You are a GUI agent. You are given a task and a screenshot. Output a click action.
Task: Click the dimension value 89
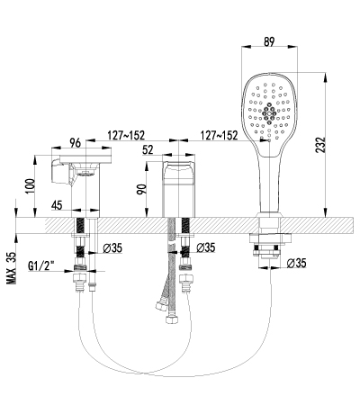tap(269, 41)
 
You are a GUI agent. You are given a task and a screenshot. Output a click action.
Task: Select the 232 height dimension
tap(320, 145)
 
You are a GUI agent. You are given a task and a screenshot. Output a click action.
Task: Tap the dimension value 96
tap(75, 143)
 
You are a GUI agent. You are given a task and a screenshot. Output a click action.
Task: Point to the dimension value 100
tap(31, 186)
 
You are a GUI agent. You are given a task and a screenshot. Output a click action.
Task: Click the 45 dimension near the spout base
tap(57, 205)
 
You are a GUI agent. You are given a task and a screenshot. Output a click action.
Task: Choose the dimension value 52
tap(148, 149)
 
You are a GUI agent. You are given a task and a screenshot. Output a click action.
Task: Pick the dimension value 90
tap(141, 189)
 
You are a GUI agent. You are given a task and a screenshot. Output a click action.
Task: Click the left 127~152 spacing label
tap(126, 135)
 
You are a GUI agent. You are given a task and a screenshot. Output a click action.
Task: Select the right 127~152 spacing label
tap(220, 135)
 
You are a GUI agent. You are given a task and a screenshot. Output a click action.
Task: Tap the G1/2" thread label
tap(41, 265)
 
